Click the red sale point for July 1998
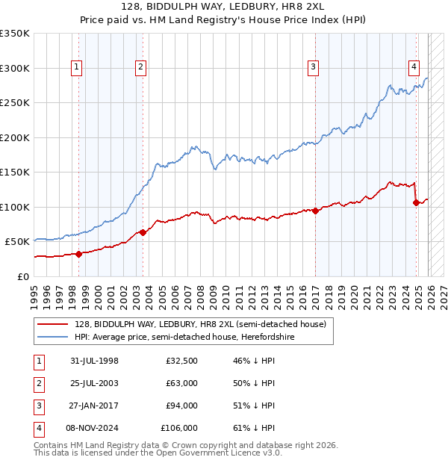(x=78, y=254)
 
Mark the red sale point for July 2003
(x=143, y=232)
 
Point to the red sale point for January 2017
(x=315, y=211)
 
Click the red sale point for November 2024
(x=416, y=202)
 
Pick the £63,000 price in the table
(x=181, y=383)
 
